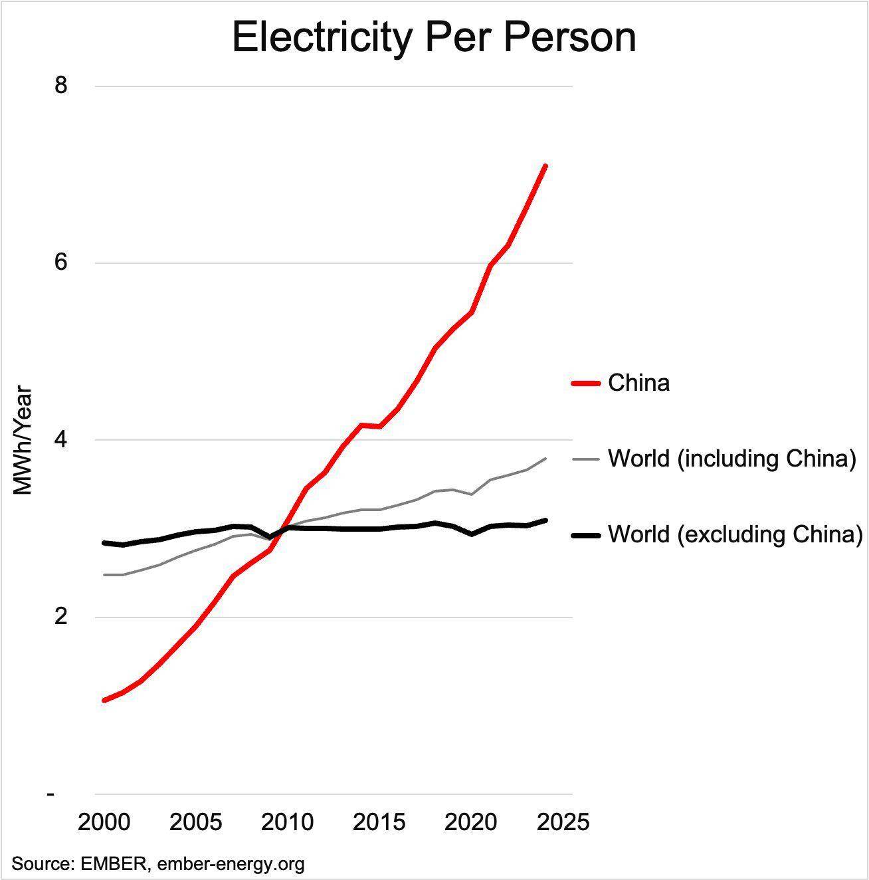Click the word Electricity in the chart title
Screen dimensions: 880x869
pyautogui.click(x=322, y=38)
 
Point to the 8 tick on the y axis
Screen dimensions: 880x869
pyautogui.click(x=61, y=86)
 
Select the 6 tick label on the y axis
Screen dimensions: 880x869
pyautogui.click(x=61, y=263)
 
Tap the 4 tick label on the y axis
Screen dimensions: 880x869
pyautogui.click(x=61, y=440)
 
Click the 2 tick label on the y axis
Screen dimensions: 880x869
pyautogui.click(x=61, y=617)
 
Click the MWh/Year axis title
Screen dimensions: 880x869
pyautogui.click(x=24, y=440)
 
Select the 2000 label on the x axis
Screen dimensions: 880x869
pyautogui.click(x=104, y=822)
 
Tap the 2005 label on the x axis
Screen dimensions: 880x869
pyautogui.click(x=196, y=822)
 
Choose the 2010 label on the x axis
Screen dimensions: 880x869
pyautogui.click(x=288, y=822)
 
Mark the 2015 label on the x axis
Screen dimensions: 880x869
pyautogui.click(x=379, y=822)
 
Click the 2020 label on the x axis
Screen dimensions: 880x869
pyautogui.click(x=471, y=822)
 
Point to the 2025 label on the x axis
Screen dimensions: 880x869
pyautogui.click(x=563, y=822)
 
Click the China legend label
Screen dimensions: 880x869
pyautogui.click(x=638, y=383)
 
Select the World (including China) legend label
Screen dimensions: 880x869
pyautogui.click(x=731, y=459)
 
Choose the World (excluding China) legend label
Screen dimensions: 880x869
pyautogui.click(x=735, y=534)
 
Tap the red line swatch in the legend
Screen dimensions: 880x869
pyautogui.click(x=586, y=384)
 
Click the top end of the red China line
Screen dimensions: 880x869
pyautogui.click(x=545, y=165)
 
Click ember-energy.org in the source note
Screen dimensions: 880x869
pyautogui.click(x=231, y=864)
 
